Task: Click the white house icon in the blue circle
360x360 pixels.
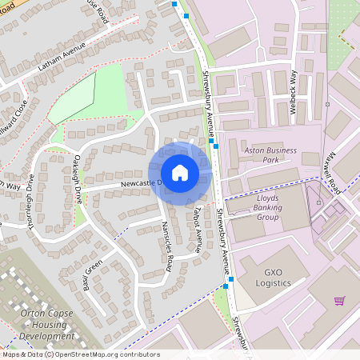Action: (x=180, y=172)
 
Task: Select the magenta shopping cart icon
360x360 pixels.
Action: (x=339, y=301)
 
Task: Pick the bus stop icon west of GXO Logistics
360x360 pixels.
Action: (x=226, y=286)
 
